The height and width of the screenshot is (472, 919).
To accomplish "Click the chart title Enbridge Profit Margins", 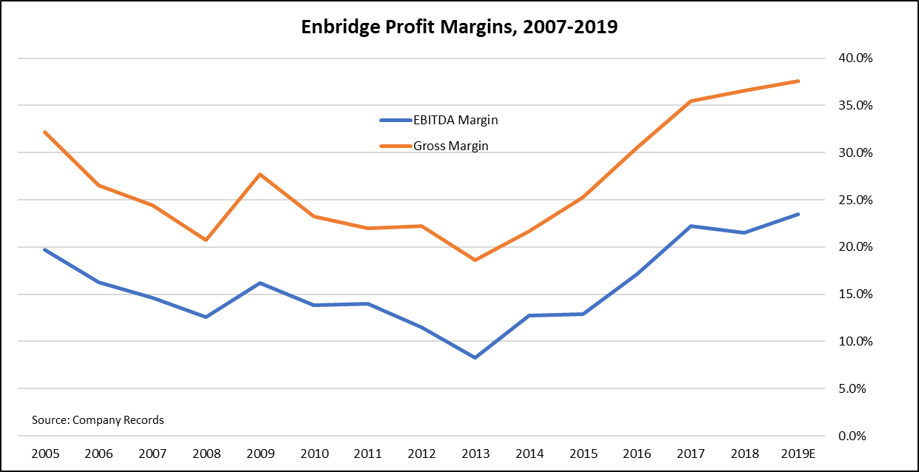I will (x=459, y=28).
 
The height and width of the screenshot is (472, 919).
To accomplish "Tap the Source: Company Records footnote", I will (x=98, y=419).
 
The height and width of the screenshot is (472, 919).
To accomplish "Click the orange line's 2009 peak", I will (x=260, y=174).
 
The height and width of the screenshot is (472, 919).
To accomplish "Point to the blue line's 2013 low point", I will (x=474, y=358).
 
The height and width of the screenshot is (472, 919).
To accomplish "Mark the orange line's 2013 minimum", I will (x=474, y=260).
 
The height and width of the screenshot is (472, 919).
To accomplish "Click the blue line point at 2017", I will (x=689, y=226).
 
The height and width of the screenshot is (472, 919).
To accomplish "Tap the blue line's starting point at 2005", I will (x=45, y=249).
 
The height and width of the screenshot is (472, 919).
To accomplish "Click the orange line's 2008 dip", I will (x=206, y=240).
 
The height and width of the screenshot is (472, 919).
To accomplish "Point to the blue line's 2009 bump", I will (x=260, y=283).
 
